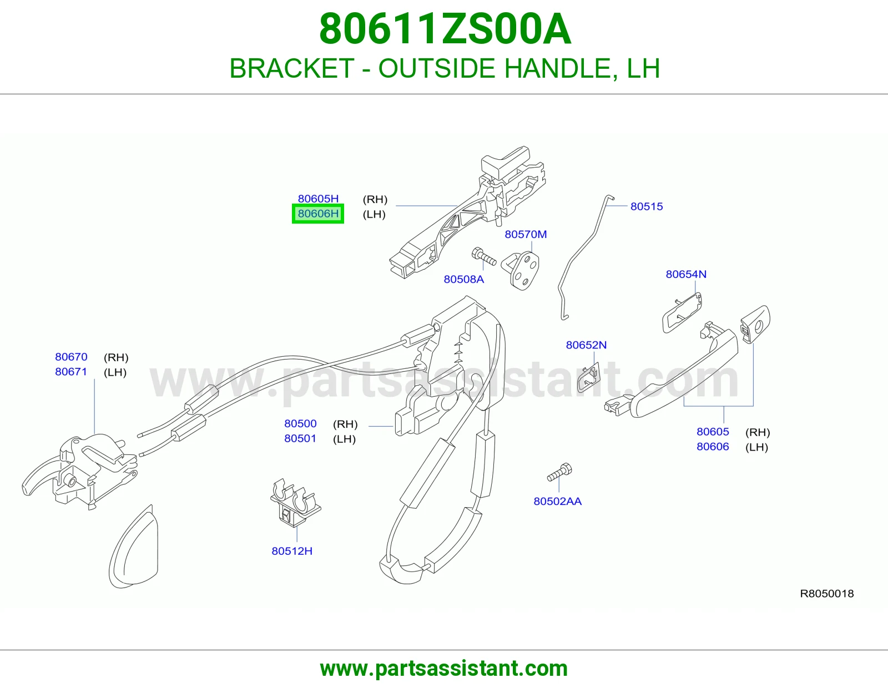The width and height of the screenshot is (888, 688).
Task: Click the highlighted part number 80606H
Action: click(x=318, y=214)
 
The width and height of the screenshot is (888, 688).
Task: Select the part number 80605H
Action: click(x=318, y=199)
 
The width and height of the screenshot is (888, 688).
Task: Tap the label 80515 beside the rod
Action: click(x=647, y=206)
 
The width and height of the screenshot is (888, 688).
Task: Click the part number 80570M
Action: click(x=526, y=234)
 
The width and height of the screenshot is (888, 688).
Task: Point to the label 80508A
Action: click(x=464, y=279)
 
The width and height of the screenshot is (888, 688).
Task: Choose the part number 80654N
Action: click(x=686, y=274)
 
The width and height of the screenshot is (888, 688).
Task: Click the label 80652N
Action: click(x=586, y=345)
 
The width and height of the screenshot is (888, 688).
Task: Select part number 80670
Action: click(x=71, y=357)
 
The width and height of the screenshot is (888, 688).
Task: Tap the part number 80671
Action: click(x=71, y=372)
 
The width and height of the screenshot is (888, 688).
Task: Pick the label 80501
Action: click(x=300, y=438)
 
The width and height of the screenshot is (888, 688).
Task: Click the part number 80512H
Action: click(x=292, y=551)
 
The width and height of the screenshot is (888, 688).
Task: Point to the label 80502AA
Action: click(x=557, y=501)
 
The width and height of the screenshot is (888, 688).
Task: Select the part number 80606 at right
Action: click(x=713, y=447)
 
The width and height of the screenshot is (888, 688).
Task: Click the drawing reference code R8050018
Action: click(x=827, y=594)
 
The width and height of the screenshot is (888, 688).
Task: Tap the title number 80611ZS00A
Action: click(x=445, y=29)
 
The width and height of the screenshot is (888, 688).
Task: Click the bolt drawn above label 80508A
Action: click(x=484, y=256)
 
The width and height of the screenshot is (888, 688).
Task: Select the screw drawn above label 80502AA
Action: click(x=560, y=472)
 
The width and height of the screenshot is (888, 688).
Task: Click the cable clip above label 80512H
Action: click(x=295, y=503)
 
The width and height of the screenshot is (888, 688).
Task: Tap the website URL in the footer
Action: click(x=444, y=669)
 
